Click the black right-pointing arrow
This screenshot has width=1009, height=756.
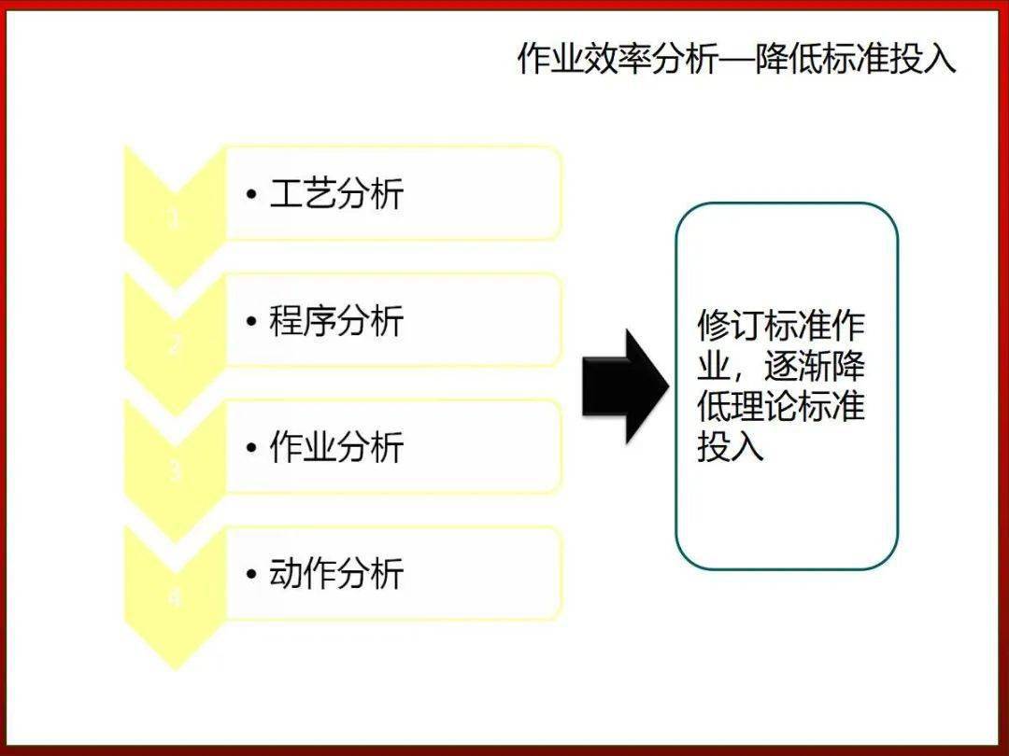(x=624, y=385)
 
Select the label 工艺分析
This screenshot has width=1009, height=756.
(x=336, y=194)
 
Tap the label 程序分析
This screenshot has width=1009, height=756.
(x=336, y=321)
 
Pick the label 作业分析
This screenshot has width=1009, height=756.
(x=336, y=447)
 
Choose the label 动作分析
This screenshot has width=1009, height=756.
(x=336, y=573)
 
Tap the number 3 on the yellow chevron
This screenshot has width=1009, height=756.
(x=175, y=472)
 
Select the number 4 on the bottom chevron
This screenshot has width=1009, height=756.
(x=175, y=598)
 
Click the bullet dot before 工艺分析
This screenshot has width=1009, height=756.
(x=251, y=195)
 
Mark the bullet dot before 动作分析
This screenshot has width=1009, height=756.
(x=251, y=574)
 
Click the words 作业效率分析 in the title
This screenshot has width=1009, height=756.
(x=618, y=59)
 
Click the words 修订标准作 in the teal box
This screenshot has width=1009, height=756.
(x=781, y=326)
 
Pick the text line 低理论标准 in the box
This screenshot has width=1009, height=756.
(x=781, y=407)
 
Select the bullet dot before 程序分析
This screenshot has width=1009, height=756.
(x=251, y=322)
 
